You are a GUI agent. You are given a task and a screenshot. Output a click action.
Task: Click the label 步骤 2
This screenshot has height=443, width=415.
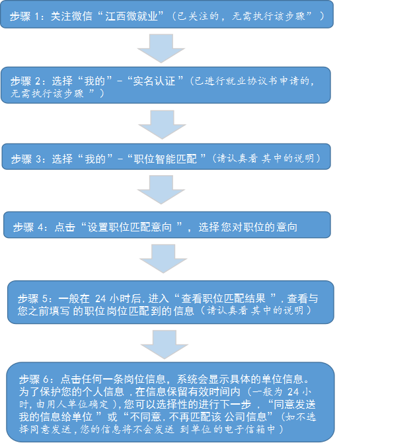click(x=26, y=81)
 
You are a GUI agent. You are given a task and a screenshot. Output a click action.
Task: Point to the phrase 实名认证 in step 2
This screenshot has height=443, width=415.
click(x=153, y=81)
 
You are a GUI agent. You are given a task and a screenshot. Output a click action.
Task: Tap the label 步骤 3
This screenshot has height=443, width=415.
click(x=28, y=159)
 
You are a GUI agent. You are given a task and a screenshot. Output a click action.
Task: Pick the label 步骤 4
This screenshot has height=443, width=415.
click(x=29, y=227)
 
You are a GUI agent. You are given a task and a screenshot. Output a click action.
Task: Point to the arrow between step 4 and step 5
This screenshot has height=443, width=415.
click(x=159, y=258)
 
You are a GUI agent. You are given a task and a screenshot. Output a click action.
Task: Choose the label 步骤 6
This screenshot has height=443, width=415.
click(x=36, y=379)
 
